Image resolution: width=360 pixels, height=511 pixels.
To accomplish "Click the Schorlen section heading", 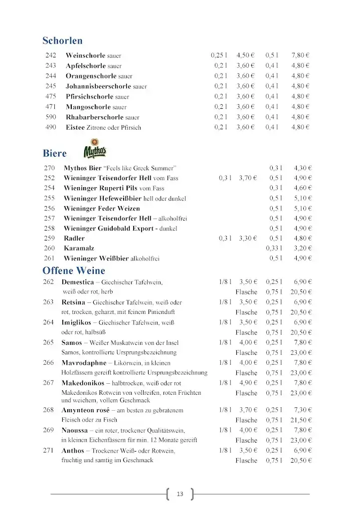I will (62, 41).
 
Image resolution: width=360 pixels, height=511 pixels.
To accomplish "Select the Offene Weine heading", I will (74, 271).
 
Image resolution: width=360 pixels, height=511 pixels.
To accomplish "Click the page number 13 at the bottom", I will (180, 494).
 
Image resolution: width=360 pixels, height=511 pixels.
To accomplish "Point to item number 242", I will (51, 55).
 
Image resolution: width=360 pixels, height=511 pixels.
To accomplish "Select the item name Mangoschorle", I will (88, 107).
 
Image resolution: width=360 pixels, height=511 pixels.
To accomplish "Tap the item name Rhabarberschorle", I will (94, 117).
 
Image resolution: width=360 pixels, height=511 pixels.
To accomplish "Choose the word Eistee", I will (75, 127).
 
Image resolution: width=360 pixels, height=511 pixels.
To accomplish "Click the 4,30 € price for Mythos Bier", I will (303, 168).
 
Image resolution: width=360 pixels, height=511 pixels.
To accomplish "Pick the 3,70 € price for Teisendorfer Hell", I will (248, 178).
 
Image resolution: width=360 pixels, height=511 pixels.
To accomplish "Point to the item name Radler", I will (74, 239).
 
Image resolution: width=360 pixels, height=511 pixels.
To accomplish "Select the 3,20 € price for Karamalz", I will (303, 249).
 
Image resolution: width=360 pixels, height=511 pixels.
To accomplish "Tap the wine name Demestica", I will (78, 282).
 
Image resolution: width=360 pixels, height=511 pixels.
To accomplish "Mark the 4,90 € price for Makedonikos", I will (248, 383).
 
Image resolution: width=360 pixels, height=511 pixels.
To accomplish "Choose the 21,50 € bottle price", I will (301, 420).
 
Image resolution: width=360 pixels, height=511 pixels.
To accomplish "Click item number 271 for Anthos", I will (48, 451).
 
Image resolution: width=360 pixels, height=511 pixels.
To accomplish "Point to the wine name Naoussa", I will (74, 430).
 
